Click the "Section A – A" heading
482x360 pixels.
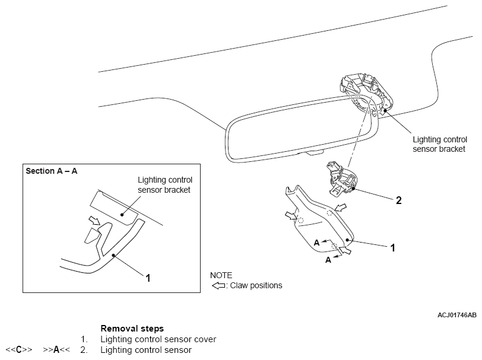(51, 171)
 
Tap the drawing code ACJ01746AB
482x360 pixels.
(457, 315)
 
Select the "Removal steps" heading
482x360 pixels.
(132, 329)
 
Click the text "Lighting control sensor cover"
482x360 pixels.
(158, 339)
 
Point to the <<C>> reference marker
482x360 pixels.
(19, 350)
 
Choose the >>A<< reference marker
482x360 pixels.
(56, 350)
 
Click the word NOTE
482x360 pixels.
(221, 275)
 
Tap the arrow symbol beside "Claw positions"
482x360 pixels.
(218, 286)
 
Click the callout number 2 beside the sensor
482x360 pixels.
(399, 200)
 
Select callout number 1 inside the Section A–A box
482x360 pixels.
(148, 278)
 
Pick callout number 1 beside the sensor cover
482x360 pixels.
(392, 247)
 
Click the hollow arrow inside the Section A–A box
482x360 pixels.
(94, 220)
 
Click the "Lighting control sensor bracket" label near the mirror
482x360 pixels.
(440, 144)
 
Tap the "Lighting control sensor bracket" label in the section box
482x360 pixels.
(165, 185)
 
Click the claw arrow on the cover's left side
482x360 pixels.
(291, 216)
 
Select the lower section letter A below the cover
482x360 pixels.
(328, 260)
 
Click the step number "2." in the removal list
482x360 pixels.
(84, 350)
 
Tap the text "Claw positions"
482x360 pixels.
(256, 286)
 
